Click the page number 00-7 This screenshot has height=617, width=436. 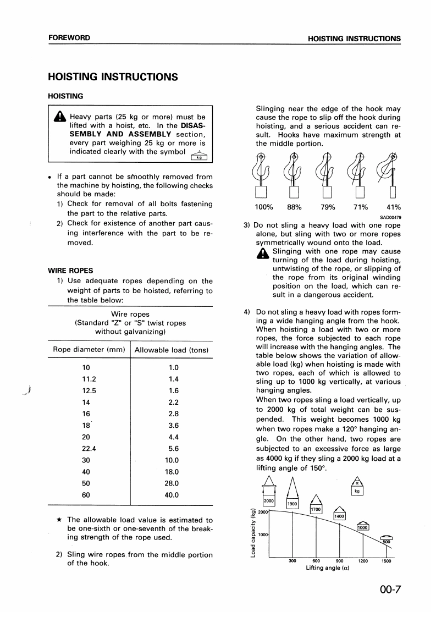tap(390, 590)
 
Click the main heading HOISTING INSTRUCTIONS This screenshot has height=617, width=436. tap(113, 77)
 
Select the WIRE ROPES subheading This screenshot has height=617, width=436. tap(70, 271)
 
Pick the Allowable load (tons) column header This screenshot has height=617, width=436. tap(171, 350)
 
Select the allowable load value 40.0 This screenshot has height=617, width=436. tap(172, 495)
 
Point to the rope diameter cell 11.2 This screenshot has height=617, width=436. tap(89, 379)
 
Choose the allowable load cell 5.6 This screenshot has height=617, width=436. tap(172, 448)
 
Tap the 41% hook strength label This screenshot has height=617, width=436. tap(394, 207)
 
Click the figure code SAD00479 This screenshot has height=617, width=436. tap(390, 217)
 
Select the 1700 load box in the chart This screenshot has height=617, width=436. tap(316, 510)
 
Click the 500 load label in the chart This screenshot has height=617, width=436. tap(387, 541)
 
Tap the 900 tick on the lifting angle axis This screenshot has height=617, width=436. tap(339, 561)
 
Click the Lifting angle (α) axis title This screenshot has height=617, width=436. tap(328, 568)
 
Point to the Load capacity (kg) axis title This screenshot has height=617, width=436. tap(253, 533)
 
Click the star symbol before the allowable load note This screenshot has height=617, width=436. tap(59, 520)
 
